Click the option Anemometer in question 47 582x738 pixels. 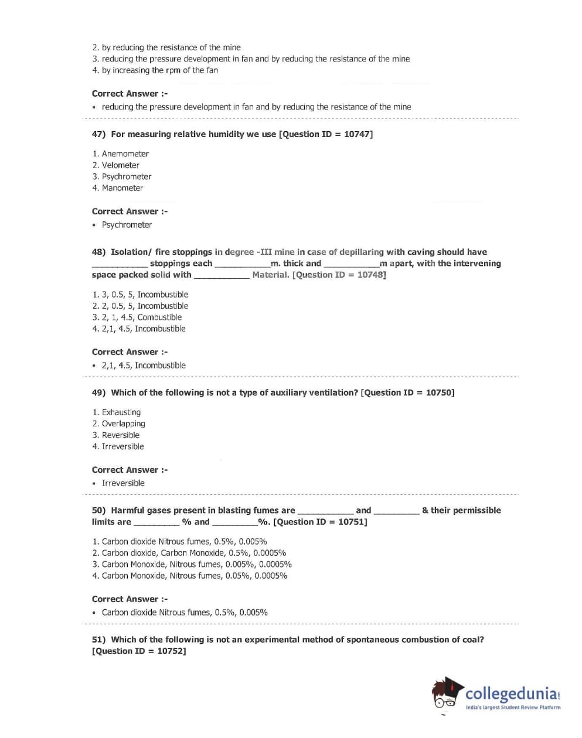[125, 154]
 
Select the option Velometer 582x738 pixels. [120, 165]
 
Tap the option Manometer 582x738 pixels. [122, 188]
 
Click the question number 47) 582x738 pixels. [98, 134]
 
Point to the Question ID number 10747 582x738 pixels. [356, 134]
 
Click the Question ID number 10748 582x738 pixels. [370, 275]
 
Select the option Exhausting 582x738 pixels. [121, 412]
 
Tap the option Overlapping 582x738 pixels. [123, 423]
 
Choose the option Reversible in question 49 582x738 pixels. [120, 435]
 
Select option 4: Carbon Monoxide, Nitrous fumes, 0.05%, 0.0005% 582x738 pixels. [194, 576]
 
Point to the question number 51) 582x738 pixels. [98, 640]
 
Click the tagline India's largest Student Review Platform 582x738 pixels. [513, 708]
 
